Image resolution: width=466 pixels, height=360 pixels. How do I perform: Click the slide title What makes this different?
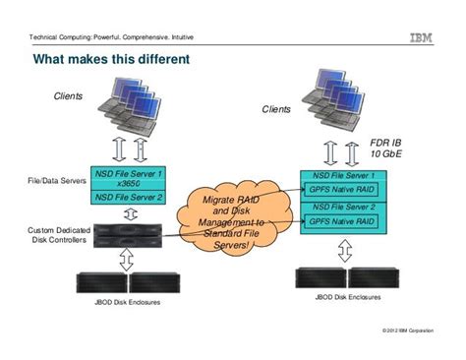111,61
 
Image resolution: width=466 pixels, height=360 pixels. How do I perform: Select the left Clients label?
68,96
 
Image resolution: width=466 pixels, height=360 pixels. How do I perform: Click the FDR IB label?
388,143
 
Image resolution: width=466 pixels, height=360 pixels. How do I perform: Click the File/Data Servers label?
56,182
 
